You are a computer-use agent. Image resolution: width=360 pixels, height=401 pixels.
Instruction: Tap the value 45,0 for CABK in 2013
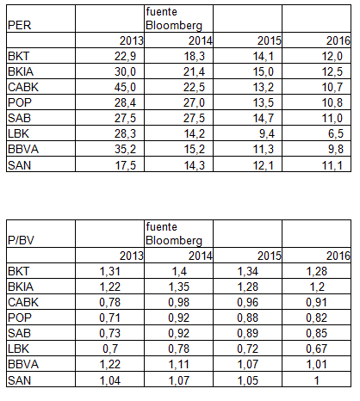tap(125, 87)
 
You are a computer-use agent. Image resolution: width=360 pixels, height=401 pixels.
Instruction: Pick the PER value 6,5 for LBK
tap(335, 133)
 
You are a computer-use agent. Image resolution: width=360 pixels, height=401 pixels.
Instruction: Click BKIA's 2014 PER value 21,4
tap(194, 71)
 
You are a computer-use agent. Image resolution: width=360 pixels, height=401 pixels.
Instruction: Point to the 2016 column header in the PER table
tap(338, 40)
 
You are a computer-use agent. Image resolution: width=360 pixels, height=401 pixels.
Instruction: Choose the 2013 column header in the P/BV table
tap(131, 256)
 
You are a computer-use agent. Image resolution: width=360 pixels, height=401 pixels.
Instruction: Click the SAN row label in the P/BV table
tap(19, 380)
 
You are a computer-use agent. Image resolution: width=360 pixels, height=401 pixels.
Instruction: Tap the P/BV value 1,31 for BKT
tap(109, 271)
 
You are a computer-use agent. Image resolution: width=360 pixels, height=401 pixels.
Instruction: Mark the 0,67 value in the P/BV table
tap(316, 349)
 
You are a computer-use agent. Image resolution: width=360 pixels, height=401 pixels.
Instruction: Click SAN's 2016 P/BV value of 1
tap(317, 380)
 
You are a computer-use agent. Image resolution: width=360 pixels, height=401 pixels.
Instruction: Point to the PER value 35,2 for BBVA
tap(125, 149)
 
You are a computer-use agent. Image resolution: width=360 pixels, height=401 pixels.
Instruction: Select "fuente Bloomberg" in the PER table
tap(174, 19)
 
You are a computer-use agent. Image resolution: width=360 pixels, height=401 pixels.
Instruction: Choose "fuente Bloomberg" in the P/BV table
tap(174, 234)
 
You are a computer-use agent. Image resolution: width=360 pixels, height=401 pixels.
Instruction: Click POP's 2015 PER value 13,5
tap(263, 102)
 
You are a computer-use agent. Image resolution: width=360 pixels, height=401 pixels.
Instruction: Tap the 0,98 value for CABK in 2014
tap(178, 302)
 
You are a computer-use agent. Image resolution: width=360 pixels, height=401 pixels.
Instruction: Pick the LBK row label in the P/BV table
tap(18, 349)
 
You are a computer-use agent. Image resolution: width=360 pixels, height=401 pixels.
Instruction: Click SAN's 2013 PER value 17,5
tap(125, 165)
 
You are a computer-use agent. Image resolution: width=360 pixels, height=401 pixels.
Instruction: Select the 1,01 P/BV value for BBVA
tap(316, 364)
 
